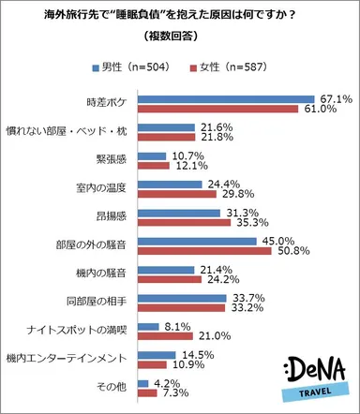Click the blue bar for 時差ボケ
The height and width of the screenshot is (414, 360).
pos(225,98)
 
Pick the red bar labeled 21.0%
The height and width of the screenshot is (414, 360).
pos(164,337)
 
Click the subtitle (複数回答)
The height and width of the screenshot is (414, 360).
pos(180,37)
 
